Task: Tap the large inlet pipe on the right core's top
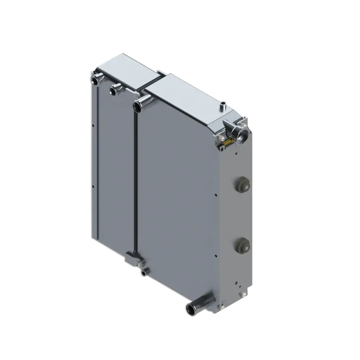[x=139, y=104]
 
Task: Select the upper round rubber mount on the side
[x=242, y=185]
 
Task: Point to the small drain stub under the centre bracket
[x=144, y=273]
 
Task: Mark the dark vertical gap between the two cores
[x=135, y=181]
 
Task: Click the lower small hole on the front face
[x=217, y=255]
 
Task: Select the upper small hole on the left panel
[x=93, y=126]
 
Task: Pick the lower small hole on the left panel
[x=93, y=186]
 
